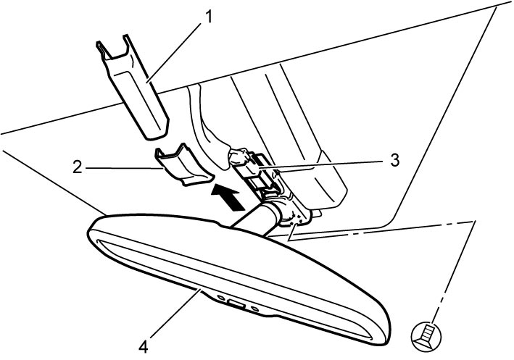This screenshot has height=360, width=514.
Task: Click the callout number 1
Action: pyautogui.click(x=207, y=17)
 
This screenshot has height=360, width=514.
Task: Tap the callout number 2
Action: pyautogui.click(x=77, y=168)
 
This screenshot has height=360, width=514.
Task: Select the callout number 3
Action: pyautogui.click(x=395, y=161)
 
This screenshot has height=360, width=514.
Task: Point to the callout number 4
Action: pyautogui.click(x=144, y=346)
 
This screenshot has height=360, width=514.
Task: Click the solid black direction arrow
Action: pyautogui.click(x=228, y=196)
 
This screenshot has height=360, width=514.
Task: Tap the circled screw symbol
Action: pyautogui.click(x=426, y=337)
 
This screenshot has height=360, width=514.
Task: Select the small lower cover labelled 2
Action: pyautogui.click(x=183, y=165)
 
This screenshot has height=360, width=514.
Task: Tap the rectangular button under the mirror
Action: pyautogui.click(x=236, y=304)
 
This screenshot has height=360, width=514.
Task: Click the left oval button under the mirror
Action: pyautogui.click(x=221, y=297)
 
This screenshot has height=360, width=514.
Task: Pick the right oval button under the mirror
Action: pyautogui.click(x=255, y=308)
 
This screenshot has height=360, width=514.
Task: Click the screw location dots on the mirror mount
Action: pyautogui.click(x=297, y=220)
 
